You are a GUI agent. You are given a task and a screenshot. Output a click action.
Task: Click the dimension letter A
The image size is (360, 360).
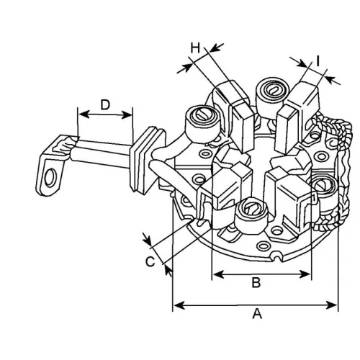(256, 314)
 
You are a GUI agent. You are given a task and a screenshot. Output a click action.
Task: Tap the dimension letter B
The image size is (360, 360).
(255, 283)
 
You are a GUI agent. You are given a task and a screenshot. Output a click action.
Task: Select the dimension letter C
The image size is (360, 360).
(150, 261)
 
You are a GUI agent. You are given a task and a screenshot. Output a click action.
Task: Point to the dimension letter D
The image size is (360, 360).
(105, 104)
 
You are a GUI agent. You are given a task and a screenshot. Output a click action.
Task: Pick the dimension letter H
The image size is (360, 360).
(195, 48)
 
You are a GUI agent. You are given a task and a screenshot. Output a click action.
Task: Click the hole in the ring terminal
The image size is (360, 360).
(51, 175)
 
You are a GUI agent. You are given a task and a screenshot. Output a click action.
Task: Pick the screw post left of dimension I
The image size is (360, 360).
(271, 91)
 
